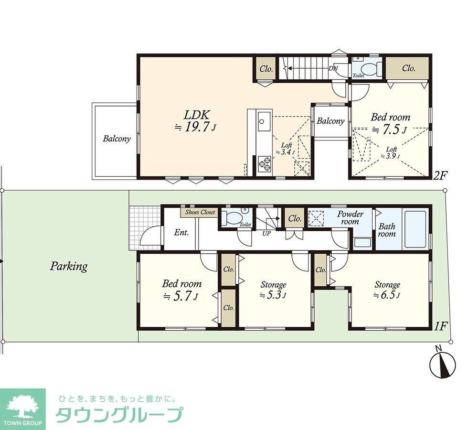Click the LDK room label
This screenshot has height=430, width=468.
(x=195, y=115)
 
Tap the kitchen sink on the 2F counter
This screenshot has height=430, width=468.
(x=263, y=121)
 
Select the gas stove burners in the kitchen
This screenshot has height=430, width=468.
(x=264, y=164)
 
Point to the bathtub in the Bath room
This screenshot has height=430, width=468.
(x=416, y=229)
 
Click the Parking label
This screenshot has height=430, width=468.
(x=69, y=266)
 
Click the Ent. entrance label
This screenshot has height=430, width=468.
(x=181, y=233)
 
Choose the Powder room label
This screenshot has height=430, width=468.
(x=350, y=218)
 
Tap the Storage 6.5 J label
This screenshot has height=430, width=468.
(x=387, y=290)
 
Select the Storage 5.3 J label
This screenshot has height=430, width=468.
(x=273, y=290)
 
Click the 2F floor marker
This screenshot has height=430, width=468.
(x=440, y=175)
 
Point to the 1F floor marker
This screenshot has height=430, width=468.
(x=440, y=326)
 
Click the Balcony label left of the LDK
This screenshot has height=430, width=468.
(x=117, y=139)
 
